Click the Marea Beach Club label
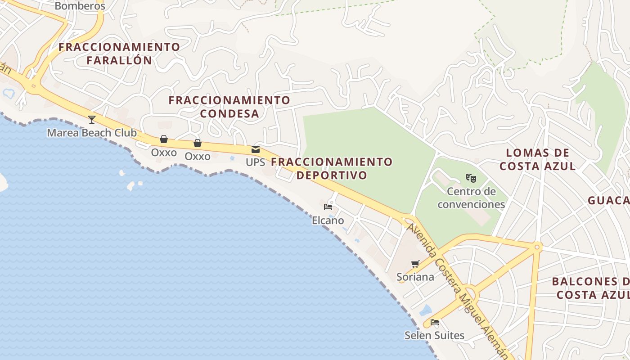[92, 133]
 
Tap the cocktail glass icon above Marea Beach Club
[92, 119]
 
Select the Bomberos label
[80, 6]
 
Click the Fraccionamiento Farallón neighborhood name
[119, 53]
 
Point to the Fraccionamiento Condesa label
[229, 107]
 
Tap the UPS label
[255, 162]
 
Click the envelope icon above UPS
[256, 149]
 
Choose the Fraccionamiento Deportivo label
[332, 168]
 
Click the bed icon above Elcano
[328, 207]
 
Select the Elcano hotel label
[328, 220]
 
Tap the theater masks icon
[471, 178]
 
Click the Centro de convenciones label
[471, 198]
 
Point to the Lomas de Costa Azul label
[537, 159]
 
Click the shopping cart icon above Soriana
[415, 264]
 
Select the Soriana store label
[415, 277]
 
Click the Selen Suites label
[434, 335]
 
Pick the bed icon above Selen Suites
[434, 322]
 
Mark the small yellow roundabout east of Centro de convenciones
[537, 247]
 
